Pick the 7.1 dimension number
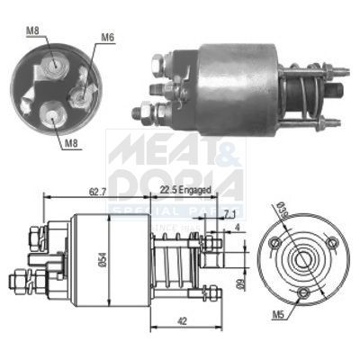click(x=230, y=214)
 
